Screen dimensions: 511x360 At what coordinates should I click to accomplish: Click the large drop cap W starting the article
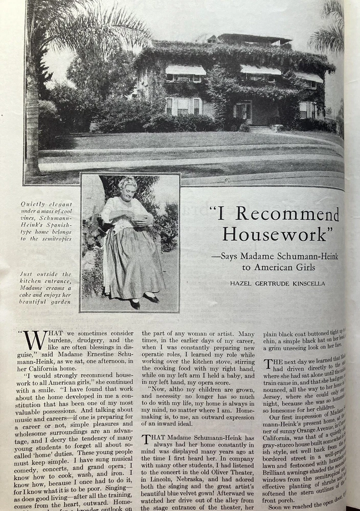(34, 341)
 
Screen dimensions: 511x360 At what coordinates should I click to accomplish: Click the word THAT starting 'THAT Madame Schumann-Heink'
(152, 439)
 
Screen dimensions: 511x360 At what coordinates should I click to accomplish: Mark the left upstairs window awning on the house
(186, 69)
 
